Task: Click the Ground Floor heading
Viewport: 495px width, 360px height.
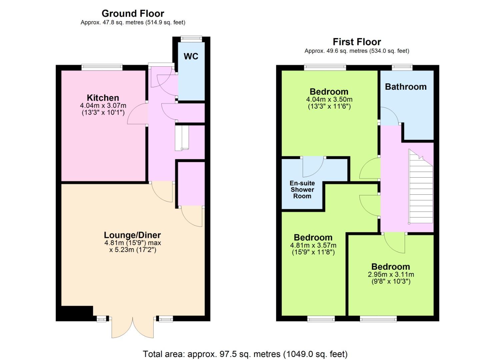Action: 133,14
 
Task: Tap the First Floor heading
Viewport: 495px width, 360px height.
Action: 357,42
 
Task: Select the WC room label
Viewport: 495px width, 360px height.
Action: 191,56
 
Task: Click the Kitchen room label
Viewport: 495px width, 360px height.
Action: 103,98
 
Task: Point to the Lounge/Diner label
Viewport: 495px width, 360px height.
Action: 132,235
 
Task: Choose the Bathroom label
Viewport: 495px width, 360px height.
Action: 406,87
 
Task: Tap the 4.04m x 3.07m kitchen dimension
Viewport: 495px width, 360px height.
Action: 103,106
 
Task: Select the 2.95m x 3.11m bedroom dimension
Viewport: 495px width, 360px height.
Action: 391,274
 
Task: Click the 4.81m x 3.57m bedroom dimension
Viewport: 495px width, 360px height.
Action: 313,245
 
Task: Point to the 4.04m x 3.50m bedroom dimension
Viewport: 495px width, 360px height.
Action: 329,99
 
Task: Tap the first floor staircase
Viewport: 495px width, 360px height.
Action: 421,187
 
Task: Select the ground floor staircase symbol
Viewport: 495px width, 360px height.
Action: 182,138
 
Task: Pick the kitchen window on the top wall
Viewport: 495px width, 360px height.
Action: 102,67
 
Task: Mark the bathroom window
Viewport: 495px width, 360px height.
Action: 402,67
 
